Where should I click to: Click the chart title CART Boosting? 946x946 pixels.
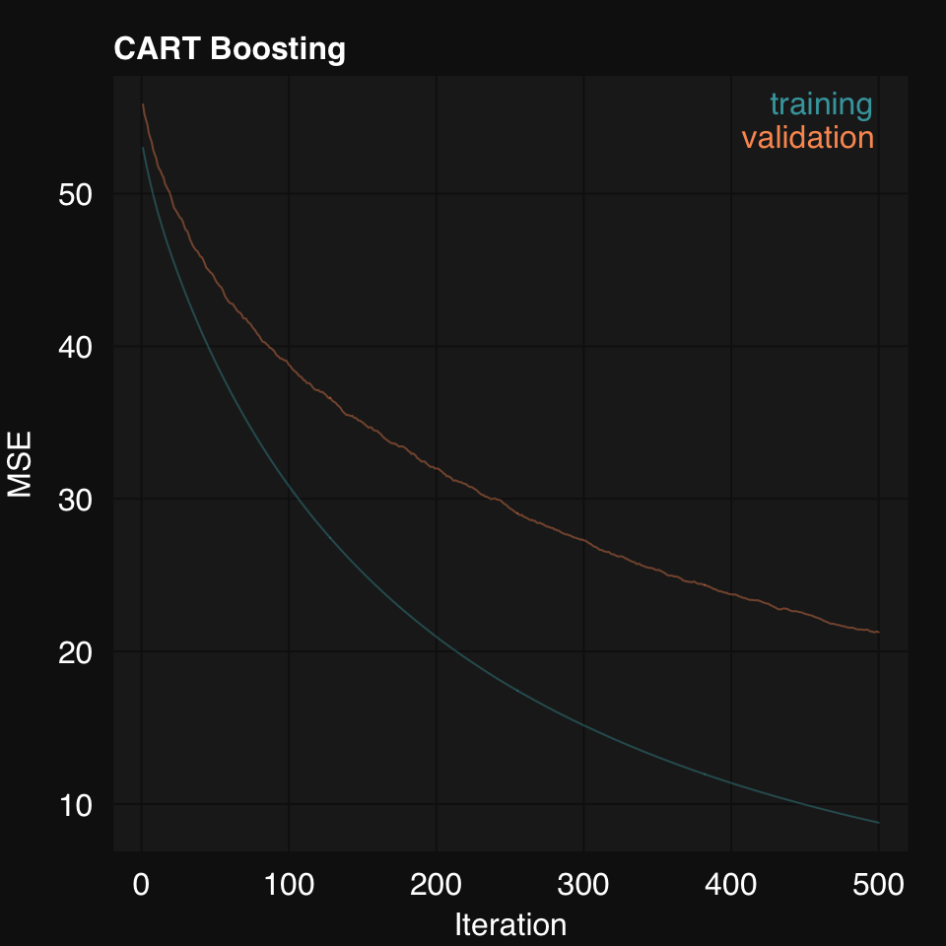(230, 48)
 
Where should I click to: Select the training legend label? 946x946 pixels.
(821, 103)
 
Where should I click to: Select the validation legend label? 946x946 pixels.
(808, 137)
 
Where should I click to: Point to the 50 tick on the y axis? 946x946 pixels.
(75, 194)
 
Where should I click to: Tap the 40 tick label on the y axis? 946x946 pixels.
(75, 347)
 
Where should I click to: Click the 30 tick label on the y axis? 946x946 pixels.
(75, 500)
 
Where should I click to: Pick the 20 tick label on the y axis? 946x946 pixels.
(75, 651)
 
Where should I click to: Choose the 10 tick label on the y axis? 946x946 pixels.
(75, 804)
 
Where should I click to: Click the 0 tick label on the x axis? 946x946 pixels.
(141, 885)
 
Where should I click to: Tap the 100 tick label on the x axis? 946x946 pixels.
(289, 885)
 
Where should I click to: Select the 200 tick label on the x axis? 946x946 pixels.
(437, 885)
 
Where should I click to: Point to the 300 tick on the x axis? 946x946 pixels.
(583, 885)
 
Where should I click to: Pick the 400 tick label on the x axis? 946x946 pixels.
(731, 885)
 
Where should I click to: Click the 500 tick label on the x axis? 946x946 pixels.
(878, 885)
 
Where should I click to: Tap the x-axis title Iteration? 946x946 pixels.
(510, 925)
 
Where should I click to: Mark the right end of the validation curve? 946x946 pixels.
(878, 632)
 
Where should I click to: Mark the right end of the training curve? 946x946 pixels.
(878, 823)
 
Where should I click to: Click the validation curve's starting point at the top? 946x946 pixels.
(143, 104)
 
